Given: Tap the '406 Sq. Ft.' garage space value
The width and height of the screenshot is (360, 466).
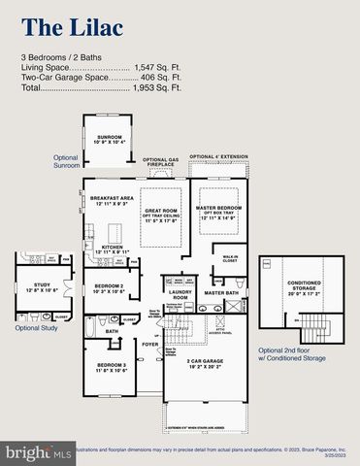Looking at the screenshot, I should click(x=161, y=78).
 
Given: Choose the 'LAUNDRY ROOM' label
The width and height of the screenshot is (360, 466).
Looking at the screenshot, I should click(x=181, y=293).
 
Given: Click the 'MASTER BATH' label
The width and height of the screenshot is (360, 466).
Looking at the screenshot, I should click(x=221, y=292).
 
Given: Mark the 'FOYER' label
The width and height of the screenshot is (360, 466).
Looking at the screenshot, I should click(x=149, y=344).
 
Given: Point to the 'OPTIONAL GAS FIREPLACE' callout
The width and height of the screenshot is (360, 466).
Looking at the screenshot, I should click(x=161, y=162).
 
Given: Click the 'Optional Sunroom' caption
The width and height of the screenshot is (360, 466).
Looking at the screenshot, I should click(x=65, y=161).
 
